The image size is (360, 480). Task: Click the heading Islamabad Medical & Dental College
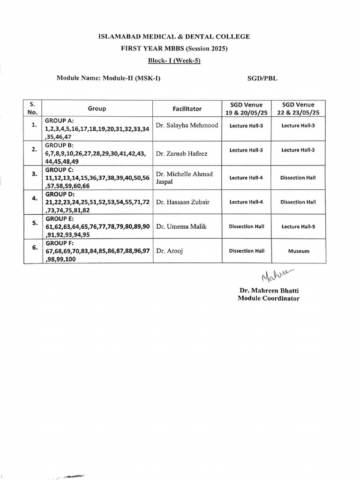click(x=180, y=36)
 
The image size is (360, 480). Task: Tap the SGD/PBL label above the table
click(x=262, y=79)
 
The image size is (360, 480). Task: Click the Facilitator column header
click(x=187, y=109)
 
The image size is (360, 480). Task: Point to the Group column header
click(x=97, y=109)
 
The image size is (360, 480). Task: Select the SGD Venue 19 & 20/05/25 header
click(x=247, y=109)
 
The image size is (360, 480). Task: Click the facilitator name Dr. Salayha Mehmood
click(x=187, y=126)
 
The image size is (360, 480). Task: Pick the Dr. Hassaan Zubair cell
click(x=183, y=202)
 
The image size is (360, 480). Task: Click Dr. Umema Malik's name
click(x=181, y=226)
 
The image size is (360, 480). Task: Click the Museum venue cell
click(x=299, y=251)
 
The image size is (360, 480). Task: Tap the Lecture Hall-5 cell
click(x=299, y=226)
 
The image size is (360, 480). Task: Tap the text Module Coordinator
click(x=268, y=299)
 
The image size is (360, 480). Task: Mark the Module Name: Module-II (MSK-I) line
click(x=108, y=79)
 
